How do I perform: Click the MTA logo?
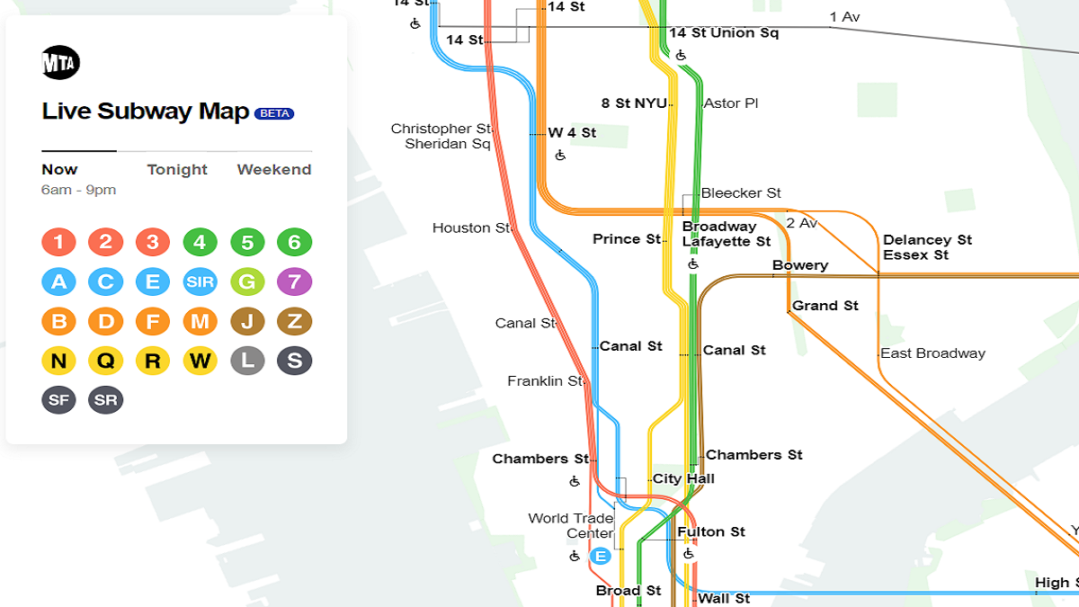point(61,62)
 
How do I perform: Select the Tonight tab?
point(177,169)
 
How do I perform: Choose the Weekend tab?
point(274,169)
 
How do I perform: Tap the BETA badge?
point(274,113)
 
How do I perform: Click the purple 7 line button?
point(294,281)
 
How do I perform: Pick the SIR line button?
point(200,281)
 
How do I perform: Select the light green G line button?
point(247,281)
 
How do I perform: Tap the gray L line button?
point(247,361)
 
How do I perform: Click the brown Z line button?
point(294,321)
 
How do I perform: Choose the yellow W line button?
point(200,361)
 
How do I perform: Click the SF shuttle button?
point(58,400)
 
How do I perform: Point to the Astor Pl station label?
point(730,103)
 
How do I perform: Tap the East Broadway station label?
point(932,353)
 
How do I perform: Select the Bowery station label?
point(799,265)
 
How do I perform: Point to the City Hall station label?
point(683,478)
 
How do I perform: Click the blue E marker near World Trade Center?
point(601,556)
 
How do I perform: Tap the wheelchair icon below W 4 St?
point(560,156)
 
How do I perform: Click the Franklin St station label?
point(545,381)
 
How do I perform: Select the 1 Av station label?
point(844,17)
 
